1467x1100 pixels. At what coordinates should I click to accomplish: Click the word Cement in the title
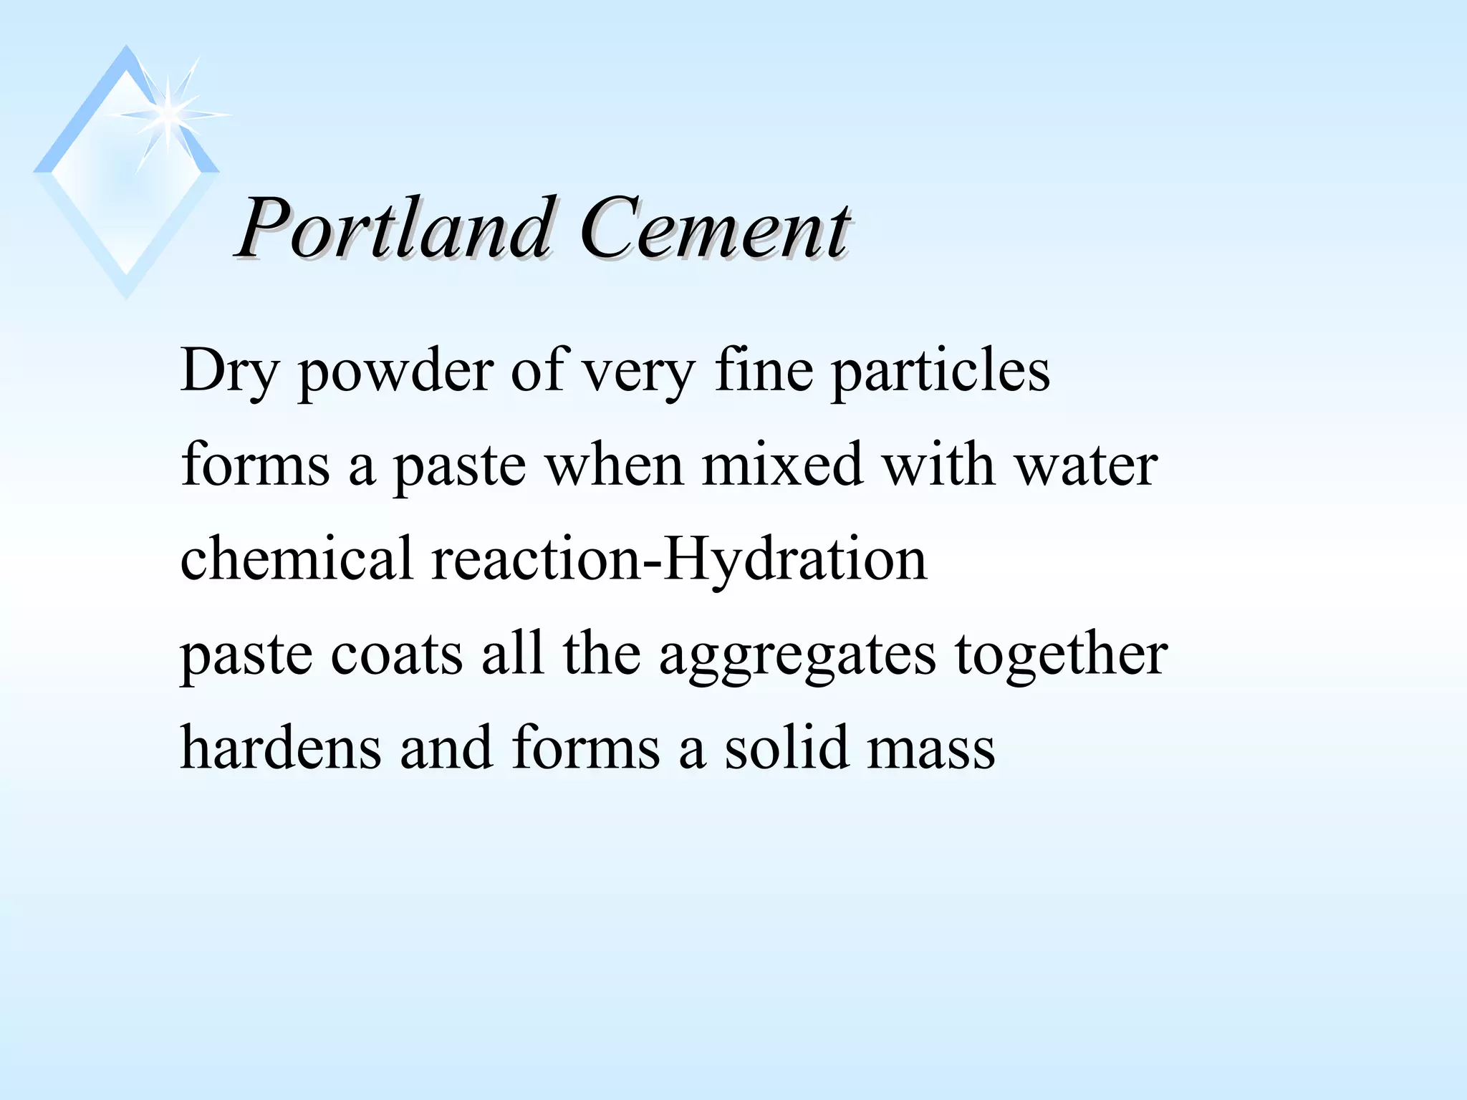[714, 229]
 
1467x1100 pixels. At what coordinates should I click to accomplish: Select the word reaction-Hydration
[679, 560]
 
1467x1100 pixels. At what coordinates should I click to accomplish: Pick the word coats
[396, 655]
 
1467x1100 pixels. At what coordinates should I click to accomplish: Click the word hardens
[280, 748]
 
